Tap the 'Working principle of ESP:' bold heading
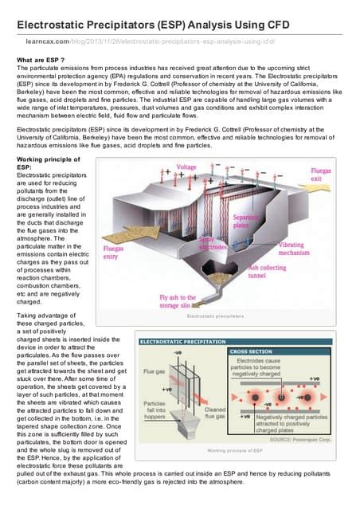click(x=47, y=165)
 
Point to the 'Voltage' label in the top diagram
click(x=186, y=168)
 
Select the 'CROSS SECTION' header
click(x=250, y=351)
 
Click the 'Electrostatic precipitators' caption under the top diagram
click(x=213, y=316)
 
